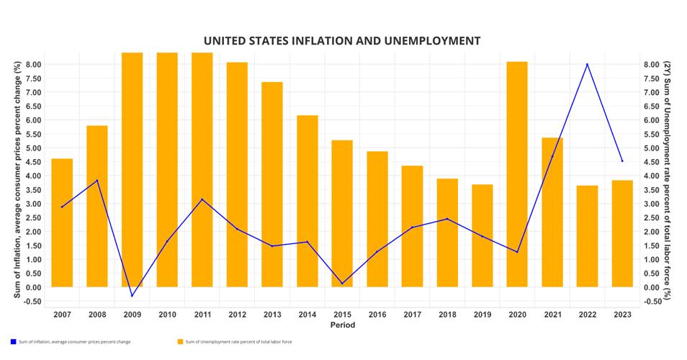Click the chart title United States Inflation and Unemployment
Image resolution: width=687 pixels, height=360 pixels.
point(341,41)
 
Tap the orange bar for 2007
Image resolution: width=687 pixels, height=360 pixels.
point(62,222)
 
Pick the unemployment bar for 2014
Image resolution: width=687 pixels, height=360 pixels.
point(307,201)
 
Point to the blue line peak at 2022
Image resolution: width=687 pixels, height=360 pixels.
point(587,64)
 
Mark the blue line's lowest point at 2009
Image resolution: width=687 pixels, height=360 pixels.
point(132,295)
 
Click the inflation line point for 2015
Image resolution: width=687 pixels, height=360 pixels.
point(342,283)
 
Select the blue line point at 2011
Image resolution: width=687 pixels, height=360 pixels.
point(202,199)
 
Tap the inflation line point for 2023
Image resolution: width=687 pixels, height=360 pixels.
point(622,161)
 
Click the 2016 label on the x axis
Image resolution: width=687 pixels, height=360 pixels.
point(377,315)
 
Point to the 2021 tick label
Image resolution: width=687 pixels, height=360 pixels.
point(552,315)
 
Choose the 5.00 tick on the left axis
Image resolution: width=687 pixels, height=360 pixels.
point(31,148)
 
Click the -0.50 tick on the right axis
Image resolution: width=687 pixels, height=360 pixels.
point(653,301)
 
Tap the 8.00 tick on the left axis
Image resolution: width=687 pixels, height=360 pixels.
point(31,65)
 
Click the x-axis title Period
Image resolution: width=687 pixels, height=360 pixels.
point(342,325)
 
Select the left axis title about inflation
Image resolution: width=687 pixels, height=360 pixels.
point(17,180)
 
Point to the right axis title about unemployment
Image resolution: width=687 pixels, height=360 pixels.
point(668,180)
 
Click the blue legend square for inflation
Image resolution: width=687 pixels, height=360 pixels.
point(13,341)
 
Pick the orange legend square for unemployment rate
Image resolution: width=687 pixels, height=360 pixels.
point(179,341)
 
